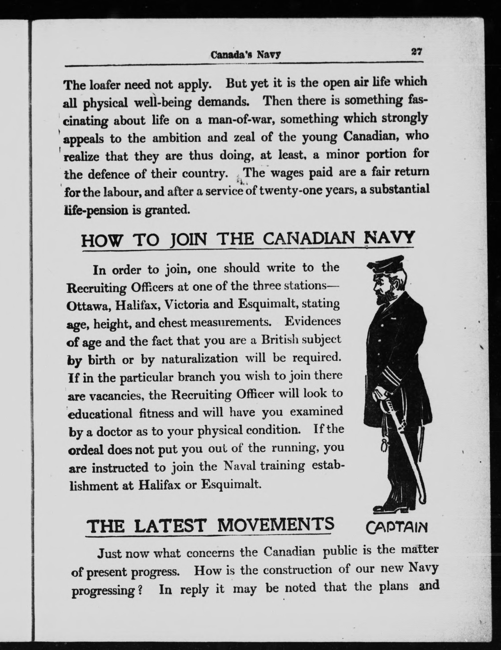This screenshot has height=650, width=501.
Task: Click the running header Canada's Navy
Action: coord(245,55)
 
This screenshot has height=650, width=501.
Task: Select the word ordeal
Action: coord(86,449)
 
